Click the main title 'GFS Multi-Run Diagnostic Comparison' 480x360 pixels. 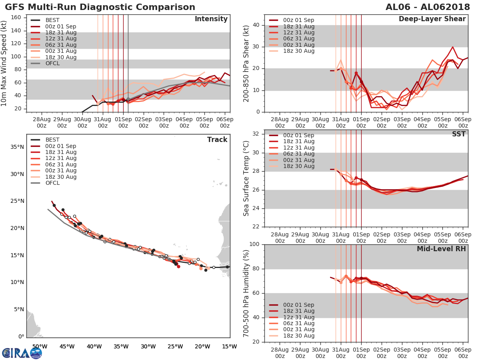coord(100,7)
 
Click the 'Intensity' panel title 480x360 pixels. coord(211,19)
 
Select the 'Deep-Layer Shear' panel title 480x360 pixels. coord(432,19)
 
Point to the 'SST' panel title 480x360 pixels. coord(459,134)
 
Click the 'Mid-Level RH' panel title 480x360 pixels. coord(441,249)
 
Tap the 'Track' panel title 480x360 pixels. coord(217,140)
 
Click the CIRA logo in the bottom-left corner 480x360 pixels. coord(22,353)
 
